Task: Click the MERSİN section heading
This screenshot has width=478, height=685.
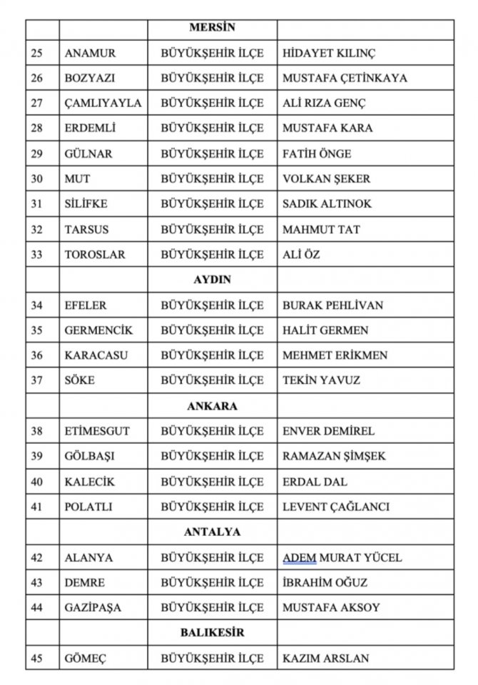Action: [x=212, y=29]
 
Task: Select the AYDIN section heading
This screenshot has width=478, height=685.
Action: [x=212, y=280]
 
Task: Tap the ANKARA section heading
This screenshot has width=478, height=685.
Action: [x=212, y=406]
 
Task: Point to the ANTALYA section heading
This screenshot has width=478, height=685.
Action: [x=212, y=532]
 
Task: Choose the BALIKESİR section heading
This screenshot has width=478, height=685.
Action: [x=212, y=633]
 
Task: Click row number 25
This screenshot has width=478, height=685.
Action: [x=37, y=54]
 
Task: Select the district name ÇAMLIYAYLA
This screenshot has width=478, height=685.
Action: [x=103, y=103]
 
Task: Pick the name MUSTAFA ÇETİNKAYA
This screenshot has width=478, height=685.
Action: [x=345, y=78]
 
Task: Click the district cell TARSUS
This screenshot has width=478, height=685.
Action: [x=86, y=230]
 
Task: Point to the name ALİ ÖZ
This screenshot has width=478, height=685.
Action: [x=301, y=255]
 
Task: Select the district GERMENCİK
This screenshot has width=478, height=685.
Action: [x=98, y=330]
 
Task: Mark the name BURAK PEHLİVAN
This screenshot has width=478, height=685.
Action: [x=332, y=305]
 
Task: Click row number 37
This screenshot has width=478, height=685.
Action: [x=37, y=380]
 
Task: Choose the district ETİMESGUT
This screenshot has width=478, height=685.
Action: [x=97, y=431]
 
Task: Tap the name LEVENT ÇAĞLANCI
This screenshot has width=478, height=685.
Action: [x=335, y=507]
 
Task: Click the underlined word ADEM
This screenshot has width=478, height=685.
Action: [x=299, y=557]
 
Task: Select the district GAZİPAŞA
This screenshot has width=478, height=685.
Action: [x=93, y=608]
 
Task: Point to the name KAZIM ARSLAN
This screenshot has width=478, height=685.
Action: [x=325, y=659]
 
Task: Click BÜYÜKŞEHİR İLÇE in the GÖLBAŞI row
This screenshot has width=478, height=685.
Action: [x=212, y=457]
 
